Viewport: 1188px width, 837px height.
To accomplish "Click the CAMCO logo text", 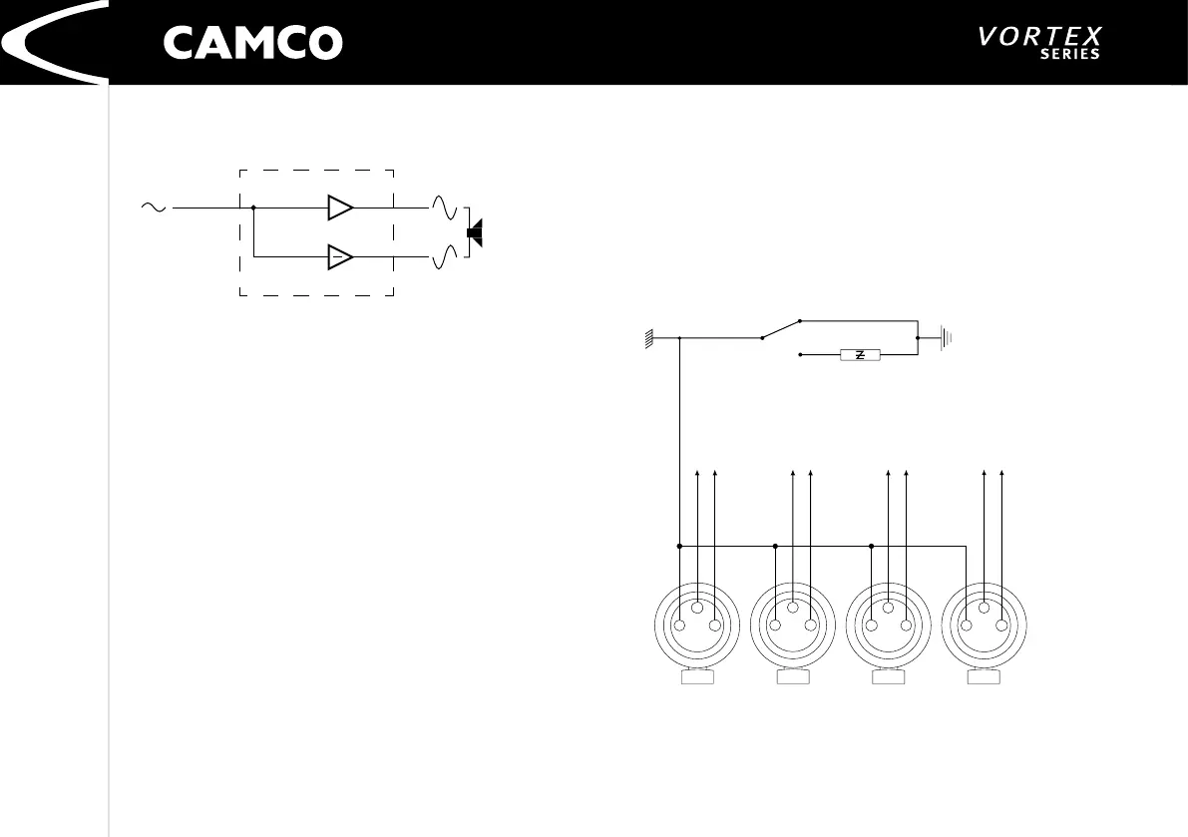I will (252, 43).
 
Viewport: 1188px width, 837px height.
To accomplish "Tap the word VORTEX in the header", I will (1040, 37).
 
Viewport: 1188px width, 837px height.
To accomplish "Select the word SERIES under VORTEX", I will (1069, 55).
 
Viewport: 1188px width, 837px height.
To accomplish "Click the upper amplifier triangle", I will (339, 208).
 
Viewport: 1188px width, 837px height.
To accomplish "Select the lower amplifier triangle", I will (339, 256).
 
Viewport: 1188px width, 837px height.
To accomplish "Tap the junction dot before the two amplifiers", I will (254, 208).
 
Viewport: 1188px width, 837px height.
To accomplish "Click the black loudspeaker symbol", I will (475, 232).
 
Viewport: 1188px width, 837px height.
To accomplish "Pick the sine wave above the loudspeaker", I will (444, 209).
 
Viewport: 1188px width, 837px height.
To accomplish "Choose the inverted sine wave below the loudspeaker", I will (444, 257).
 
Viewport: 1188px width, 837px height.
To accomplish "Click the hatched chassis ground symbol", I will (649, 339).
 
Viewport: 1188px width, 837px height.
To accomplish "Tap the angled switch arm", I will (781, 329).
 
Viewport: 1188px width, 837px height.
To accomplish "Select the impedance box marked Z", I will (859, 354).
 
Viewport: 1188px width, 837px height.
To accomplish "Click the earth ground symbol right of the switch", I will (945, 338).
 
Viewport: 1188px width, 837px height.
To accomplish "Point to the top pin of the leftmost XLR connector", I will (697, 608).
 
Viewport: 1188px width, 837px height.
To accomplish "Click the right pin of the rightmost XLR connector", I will (1001, 626).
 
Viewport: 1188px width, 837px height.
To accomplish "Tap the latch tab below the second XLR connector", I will (793, 678).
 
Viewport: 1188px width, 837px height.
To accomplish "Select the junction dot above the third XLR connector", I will (871, 547).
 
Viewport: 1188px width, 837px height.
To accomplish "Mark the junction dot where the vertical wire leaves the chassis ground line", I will (679, 338).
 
